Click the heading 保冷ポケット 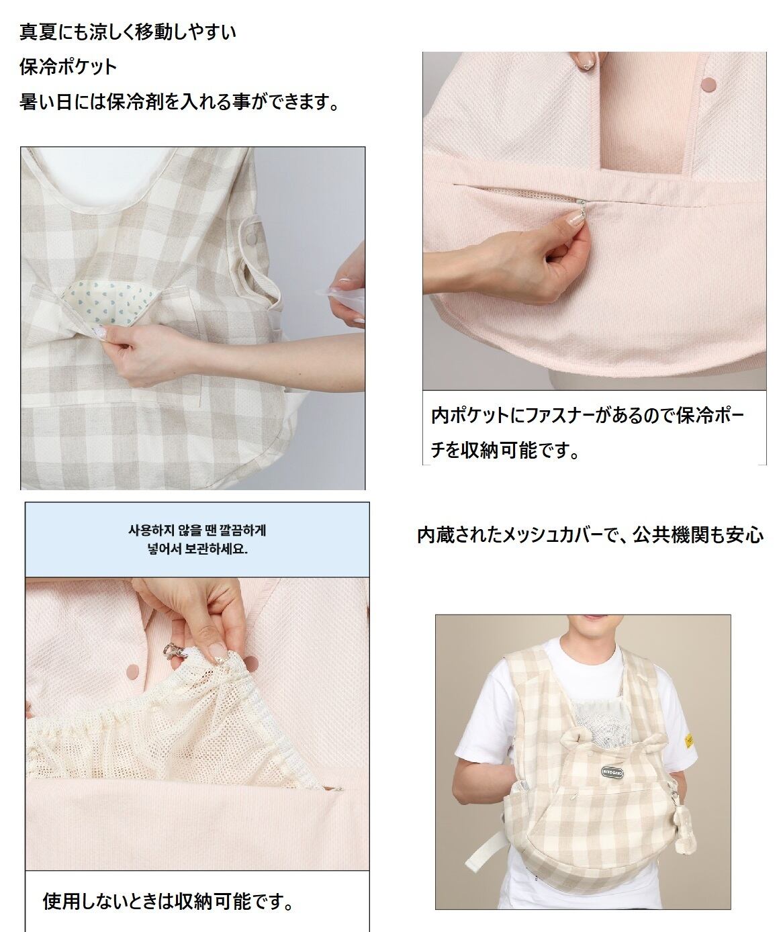click(68, 67)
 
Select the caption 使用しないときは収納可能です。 click(169, 900)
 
